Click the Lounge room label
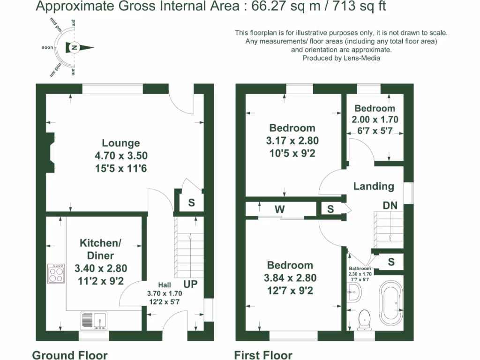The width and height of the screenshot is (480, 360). pyautogui.click(x=121, y=143)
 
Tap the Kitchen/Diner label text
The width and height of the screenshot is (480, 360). pyautogui.click(x=101, y=249)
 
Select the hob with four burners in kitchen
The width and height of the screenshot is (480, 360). pyautogui.click(x=56, y=273)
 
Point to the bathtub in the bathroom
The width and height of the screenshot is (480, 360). pyautogui.click(x=390, y=302)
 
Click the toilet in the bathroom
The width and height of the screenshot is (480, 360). pyautogui.click(x=364, y=320)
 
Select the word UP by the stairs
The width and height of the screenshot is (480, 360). pyautogui.click(x=190, y=284)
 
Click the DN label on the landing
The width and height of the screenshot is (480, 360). pyautogui.click(x=390, y=205)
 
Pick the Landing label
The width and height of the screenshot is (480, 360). pyautogui.click(x=374, y=186)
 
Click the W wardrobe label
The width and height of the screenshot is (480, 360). pyautogui.click(x=279, y=209)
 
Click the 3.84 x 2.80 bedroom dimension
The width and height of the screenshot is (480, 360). pyautogui.click(x=291, y=277)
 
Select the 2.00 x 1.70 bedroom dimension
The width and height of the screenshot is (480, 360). pyautogui.click(x=375, y=120)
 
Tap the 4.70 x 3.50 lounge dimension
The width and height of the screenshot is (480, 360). pyautogui.click(x=121, y=156)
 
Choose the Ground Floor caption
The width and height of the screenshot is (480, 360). pyautogui.click(x=69, y=355)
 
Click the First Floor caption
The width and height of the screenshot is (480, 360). pyautogui.click(x=263, y=355)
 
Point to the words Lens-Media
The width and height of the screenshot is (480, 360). pyautogui.click(x=361, y=58)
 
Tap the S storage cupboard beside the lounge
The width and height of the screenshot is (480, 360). pyautogui.click(x=191, y=202)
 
